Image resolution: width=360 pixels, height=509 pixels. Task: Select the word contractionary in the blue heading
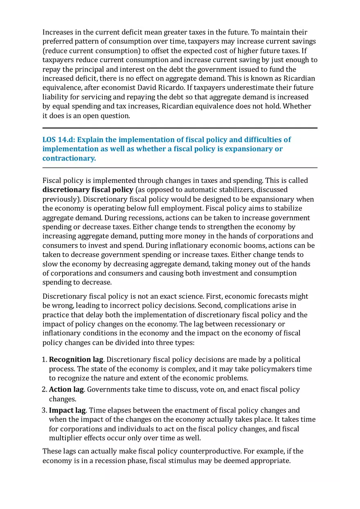[x=69, y=158]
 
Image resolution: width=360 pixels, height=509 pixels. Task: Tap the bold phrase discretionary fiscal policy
[x=88, y=190]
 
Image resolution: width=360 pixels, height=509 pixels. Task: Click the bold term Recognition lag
[x=76, y=360]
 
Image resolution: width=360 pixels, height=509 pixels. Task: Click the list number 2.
[x=45, y=390]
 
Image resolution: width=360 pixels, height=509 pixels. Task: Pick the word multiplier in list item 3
[x=65, y=438]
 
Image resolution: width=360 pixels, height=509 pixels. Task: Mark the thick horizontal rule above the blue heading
[x=180, y=128]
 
